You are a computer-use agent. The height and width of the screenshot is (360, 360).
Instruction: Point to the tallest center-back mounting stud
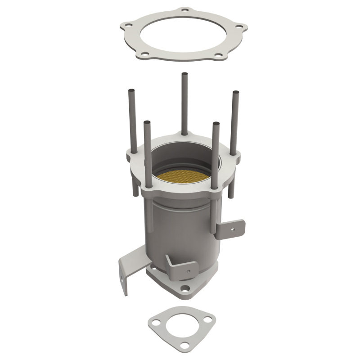point(184,103)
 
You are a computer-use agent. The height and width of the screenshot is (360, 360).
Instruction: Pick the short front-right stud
point(216,153)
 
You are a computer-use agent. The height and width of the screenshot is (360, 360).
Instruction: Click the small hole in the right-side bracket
point(233,228)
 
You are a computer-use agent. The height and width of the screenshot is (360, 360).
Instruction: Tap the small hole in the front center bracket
point(188,271)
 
